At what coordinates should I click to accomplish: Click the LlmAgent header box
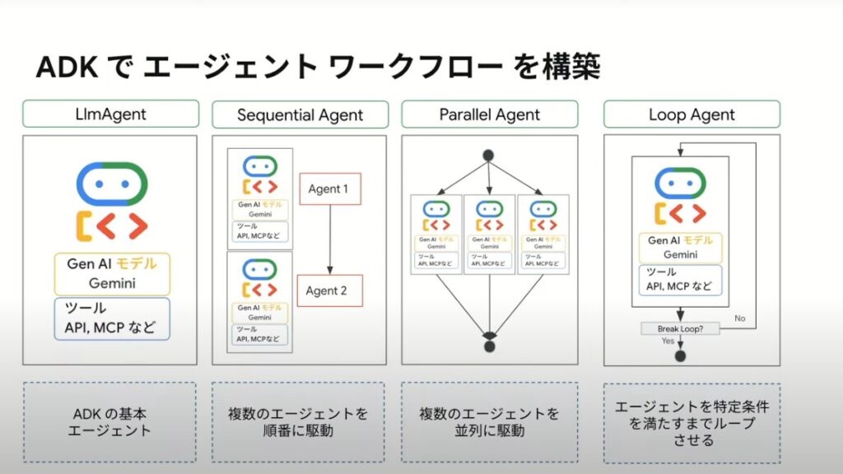pyautogui.click(x=110, y=114)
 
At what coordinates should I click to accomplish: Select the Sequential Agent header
pyautogui.click(x=300, y=114)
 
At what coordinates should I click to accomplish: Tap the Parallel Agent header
pyautogui.click(x=489, y=114)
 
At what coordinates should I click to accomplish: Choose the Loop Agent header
pyautogui.click(x=692, y=114)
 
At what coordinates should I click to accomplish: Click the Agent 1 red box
pyautogui.click(x=328, y=188)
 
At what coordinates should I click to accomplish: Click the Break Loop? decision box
pyautogui.click(x=679, y=329)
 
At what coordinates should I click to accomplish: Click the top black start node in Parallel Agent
pyautogui.click(x=488, y=154)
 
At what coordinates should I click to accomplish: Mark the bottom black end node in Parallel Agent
pyautogui.click(x=489, y=346)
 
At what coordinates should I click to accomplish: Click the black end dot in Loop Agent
pyautogui.click(x=680, y=355)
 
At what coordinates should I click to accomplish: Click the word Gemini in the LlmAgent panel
pyautogui.click(x=114, y=284)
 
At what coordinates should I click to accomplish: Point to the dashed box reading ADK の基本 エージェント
pyautogui.click(x=109, y=421)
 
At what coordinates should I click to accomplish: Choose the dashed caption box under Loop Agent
pyautogui.click(x=692, y=422)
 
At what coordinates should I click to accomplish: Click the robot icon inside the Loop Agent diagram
pyautogui.click(x=680, y=197)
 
